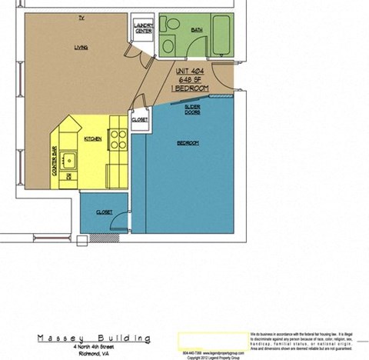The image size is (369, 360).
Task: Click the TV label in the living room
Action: coord(81,17)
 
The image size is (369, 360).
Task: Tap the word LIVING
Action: coord(81,47)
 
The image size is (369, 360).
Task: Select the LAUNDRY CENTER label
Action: coord(143,29)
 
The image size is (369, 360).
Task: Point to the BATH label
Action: coord(197,30)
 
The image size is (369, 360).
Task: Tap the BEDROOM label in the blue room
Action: coord(188,144)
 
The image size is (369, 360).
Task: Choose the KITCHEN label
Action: coord(93,138)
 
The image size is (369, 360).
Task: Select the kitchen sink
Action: coord(69,160)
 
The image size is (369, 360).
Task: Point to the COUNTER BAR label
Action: coord(55,162)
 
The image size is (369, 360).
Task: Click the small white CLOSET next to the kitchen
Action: coord(140,120)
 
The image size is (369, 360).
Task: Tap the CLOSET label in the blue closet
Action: coord(105,212)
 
